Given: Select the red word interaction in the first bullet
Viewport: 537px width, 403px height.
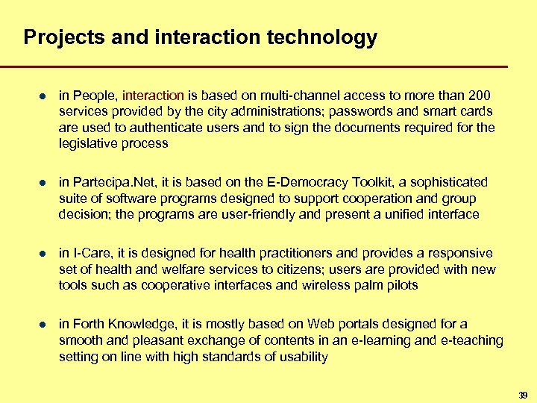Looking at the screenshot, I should click(154, 96).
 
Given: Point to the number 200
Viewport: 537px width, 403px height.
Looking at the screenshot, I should click(480, 96).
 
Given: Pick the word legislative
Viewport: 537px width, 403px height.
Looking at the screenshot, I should click(87, 143).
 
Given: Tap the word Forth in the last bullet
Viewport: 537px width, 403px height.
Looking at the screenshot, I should click(91, 325).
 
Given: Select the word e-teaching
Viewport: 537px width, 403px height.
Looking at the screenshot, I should click(472, 340).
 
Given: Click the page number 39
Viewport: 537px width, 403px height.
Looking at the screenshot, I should click(522, 394).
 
